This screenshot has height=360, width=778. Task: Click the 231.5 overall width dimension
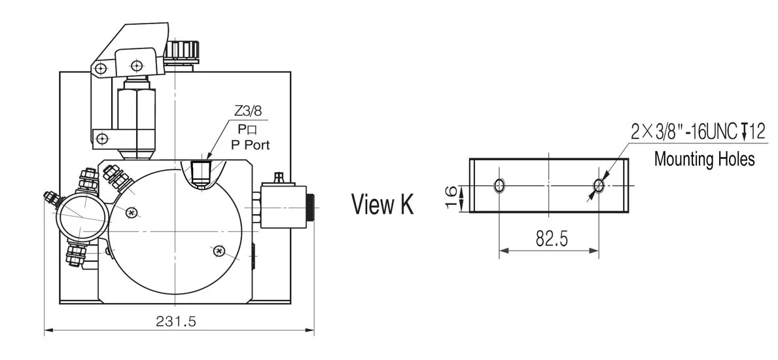pos(176,321)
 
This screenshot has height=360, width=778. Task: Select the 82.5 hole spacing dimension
pos(551,239)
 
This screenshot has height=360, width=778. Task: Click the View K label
pos(382,204)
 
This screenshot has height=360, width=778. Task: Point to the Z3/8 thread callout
pos(249,111)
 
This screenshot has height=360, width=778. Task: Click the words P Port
pos(250,145)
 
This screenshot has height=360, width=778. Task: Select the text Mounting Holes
pos(704,158)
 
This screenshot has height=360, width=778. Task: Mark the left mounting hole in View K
pos(500,186)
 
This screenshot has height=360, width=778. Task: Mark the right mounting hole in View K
pos(599,186)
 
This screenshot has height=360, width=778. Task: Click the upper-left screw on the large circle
pos(133,212)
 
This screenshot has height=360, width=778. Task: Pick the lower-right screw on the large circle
pos(220,250)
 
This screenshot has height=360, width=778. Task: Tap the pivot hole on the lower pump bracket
pos(101,137)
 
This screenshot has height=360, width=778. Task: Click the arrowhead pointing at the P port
pos(208,156)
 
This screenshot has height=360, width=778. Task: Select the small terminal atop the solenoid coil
pos(278,177)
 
